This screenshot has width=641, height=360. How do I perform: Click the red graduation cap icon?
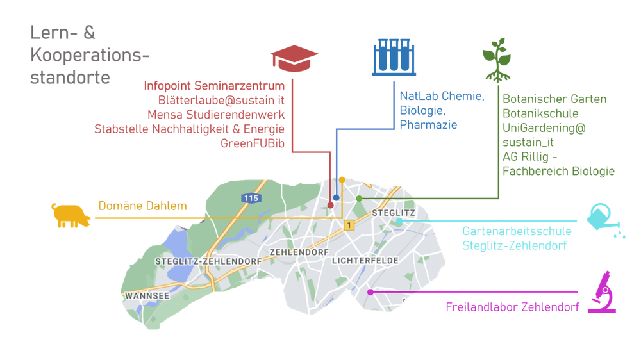[x=294, y=58]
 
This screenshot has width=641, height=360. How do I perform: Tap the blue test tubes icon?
[x=394, y=57]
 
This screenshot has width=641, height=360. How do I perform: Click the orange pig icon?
[x=71, y=215]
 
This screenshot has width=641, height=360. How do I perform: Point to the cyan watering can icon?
[x=605, y=220]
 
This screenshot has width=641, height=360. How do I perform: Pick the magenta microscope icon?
[x=602, y=293]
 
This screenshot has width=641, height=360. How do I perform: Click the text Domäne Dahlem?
[x=142, y=206]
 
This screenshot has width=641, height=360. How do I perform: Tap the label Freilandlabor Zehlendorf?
[x=512, y=307]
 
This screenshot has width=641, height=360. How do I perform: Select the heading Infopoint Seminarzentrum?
[x=214, y=86]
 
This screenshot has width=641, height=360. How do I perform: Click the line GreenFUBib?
[x=253, y=143]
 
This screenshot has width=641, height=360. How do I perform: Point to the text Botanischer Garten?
[x=554, y=99]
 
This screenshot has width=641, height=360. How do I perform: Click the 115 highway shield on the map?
[x=251, y=198]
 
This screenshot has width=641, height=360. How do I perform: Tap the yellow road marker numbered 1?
[x=349, y=225]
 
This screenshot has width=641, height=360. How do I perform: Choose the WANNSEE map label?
[x=147, y=296]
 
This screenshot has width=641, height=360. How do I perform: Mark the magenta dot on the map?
[x=370, y=292]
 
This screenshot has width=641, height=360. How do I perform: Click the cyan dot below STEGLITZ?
[x=399, y=221]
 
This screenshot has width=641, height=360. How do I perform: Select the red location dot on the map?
[x=331, y=206]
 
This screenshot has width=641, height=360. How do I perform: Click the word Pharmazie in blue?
[x=428, y=125]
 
